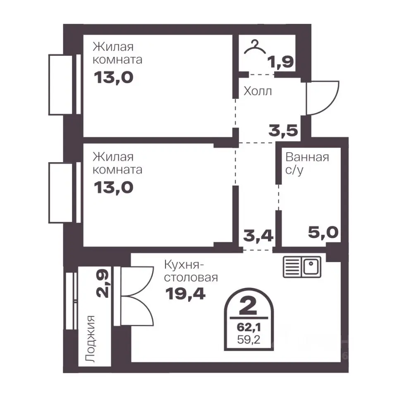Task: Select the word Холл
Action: point(258,91)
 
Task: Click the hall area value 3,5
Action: point(283,131)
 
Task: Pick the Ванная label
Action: point(307,157)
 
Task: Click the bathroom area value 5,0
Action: point(323,232)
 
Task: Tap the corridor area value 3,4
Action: point(258,235)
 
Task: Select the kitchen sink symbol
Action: point(302,267)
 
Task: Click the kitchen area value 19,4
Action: point(185,294)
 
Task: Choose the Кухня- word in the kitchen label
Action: point(184,265)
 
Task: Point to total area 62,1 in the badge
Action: point(249,328)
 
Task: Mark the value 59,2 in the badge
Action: point(249,340)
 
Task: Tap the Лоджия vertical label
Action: point(91,339)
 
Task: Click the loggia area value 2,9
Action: point(103,282)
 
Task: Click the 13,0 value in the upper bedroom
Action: point(113,77)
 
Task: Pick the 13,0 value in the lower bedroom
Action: point(113,188)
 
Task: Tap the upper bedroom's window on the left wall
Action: point(65,84)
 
